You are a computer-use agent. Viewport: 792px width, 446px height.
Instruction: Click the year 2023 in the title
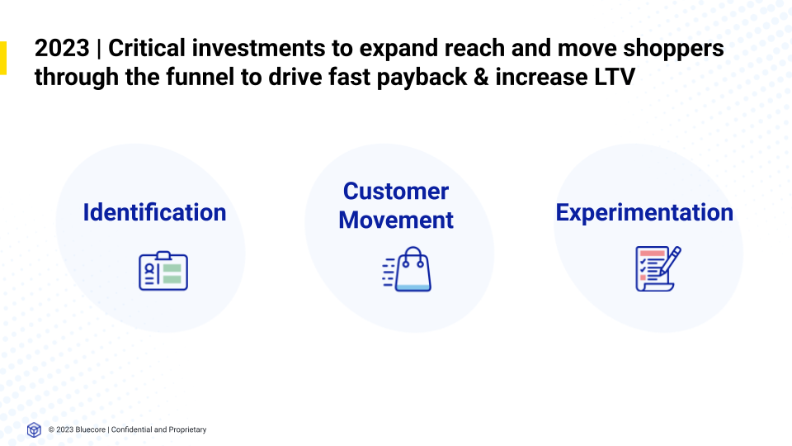pos(62,49)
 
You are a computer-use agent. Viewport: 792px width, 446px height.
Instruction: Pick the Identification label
pos(154,212)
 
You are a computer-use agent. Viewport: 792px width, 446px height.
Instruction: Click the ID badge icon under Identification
pos(163,270)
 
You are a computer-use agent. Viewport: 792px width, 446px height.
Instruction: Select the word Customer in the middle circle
pos(396,192)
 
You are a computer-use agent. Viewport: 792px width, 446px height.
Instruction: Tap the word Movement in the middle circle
pos(396,221)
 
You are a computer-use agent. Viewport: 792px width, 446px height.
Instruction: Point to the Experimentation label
pos(644,212)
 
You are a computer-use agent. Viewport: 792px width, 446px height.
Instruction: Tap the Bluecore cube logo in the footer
pos(34,429)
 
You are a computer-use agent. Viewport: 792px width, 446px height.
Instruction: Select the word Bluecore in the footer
pos(90,429)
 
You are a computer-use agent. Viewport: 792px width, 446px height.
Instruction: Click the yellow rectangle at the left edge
pos(2,58)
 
